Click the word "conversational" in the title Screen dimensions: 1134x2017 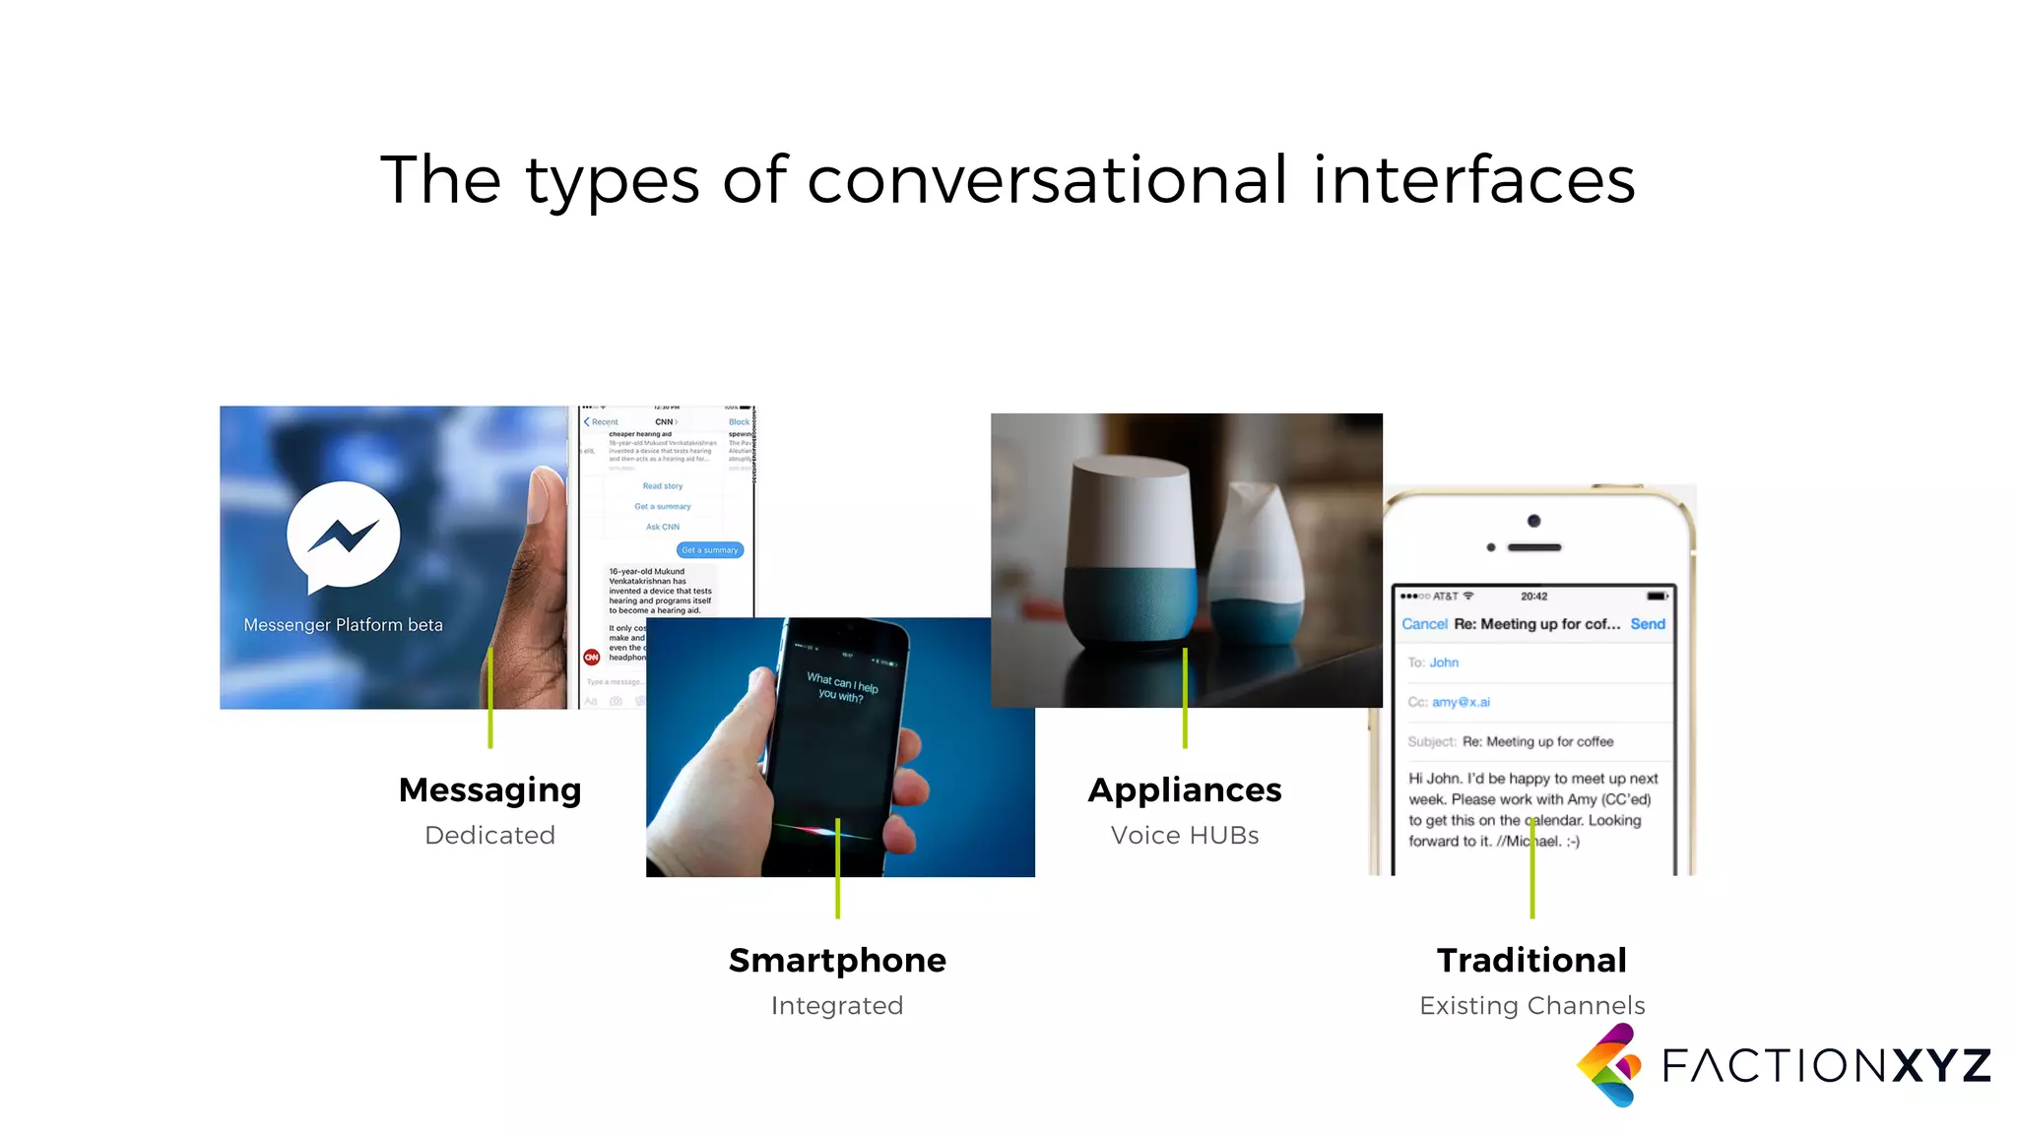[1047, 180]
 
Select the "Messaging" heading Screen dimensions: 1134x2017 [489, 789]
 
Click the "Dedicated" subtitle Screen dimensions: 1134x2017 [489, 835]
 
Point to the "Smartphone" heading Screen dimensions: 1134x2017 [837, 960]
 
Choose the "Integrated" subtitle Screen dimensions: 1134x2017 [837, 1005]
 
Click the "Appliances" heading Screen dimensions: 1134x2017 [1185, 789]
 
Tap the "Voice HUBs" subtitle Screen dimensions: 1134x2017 [1185, 835]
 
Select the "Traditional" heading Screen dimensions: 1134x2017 [1531, 960]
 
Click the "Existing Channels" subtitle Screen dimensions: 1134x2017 [1531, 1005]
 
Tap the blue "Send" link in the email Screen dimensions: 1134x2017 [1648, 624]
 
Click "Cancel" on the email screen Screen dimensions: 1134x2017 [1424, 624]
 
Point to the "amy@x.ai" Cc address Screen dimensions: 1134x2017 [1461, 702]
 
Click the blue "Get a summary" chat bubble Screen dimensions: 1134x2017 [710, 550]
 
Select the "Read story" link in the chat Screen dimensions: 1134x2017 [663, 486]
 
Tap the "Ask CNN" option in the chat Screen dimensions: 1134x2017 [663, 527]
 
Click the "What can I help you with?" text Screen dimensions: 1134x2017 [841, 687]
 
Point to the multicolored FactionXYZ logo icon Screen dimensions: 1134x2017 [1609, 1065]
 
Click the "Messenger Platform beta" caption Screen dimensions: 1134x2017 [343, 625]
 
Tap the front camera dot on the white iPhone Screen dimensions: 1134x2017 [1533, 521]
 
